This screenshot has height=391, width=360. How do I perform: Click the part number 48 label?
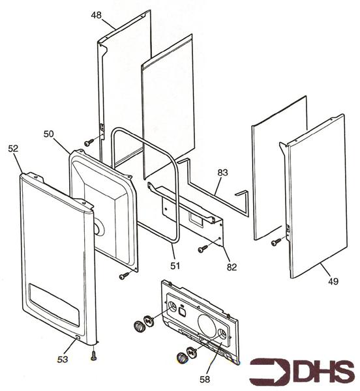click(x=96, y=15)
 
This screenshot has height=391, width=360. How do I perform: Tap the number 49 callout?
click(x=333, y=282)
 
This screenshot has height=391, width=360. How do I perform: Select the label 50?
click(x=49, y=134)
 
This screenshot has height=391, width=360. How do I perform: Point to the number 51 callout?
click(x=175, y=266)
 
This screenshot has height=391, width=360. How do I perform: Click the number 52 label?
click(x=13, y=149)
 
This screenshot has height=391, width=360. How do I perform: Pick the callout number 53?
click(x=63, y=359)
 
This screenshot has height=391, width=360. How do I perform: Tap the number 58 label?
click(x=205, y=379)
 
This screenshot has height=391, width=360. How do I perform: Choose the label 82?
click(x=232, y=267)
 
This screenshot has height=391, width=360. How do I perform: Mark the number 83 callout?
click(x=222, y=172)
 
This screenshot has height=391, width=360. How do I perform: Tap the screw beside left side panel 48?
click(x=89, y=142)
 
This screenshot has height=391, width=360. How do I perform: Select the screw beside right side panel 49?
click(x=276, y=242)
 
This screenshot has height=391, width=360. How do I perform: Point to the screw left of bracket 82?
click(x=203, y=249)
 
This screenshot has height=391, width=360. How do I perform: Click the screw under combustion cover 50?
click(x=124, y=276)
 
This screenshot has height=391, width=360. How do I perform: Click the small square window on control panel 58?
click(x=183, y=311)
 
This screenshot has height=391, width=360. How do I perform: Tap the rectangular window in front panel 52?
click(x=54, y=304)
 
